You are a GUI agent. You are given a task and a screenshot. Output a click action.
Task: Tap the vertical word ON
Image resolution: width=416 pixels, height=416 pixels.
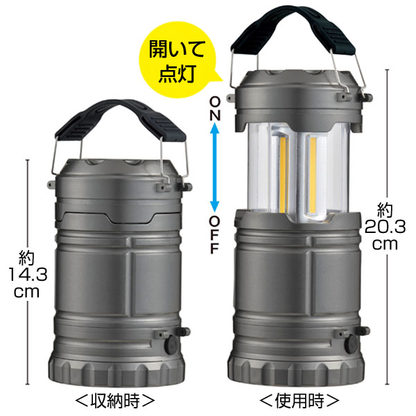coord(215,109)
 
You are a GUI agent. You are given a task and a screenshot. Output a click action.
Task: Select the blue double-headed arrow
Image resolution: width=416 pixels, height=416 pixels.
coord(215,168)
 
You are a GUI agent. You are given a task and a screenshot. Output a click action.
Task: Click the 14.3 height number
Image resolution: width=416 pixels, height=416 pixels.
coord(28,275)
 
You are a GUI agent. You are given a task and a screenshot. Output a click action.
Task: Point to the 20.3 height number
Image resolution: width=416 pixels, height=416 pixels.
coord(385,227)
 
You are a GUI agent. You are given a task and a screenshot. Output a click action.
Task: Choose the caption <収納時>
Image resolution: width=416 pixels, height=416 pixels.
coord(114,401)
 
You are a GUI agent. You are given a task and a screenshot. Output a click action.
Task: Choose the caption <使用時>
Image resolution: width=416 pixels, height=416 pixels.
coord(299,401)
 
